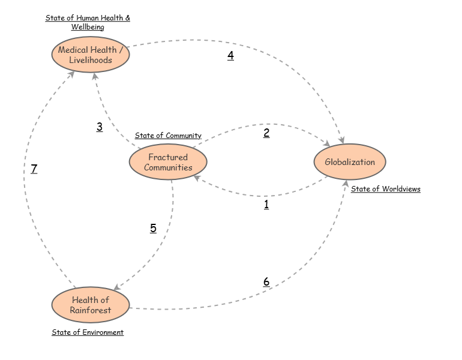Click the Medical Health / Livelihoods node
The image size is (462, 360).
(90, 55)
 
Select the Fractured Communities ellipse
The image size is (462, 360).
(168, 162)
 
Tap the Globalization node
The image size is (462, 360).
(350, 162)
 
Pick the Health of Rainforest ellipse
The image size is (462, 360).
(90, 305)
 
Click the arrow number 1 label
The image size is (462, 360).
(266, 204)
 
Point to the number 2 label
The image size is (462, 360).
(266, 133)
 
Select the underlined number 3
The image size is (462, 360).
(100, 127)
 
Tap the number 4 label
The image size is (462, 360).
(230, 56)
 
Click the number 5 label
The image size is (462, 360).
(153, 228)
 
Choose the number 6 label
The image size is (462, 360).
(266, 281)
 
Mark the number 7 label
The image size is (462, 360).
(34, 169)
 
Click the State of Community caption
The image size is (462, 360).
(168, 136)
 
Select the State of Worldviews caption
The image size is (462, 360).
(386, 189)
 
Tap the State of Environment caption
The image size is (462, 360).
(88, 332)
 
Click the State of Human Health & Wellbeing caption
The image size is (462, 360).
(88, 22)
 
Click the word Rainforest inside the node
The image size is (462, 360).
(90, 310)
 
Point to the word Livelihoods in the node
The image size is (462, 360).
(90, 60)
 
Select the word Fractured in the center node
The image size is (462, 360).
(168, 157)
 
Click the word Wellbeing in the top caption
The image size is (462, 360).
(88, 27)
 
